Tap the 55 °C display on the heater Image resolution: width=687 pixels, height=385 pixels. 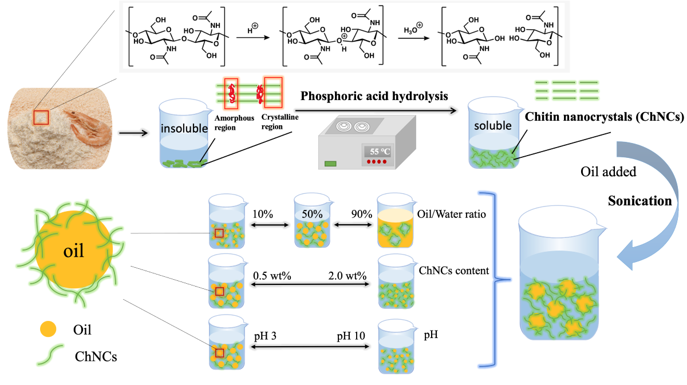pyautogui.click(x=379, y=152)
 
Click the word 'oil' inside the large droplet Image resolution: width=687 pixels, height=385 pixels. pyautogui.click(x=74, y=252)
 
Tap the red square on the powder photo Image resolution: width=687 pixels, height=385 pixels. pyautogui.click(x=41, y=117)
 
